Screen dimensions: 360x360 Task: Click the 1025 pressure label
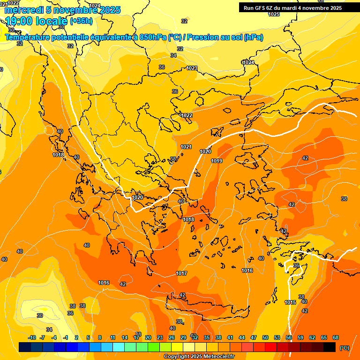tap(274, 14)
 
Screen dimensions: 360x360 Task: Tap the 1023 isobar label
tap(192, 68)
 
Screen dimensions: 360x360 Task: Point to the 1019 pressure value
tap(217, 161)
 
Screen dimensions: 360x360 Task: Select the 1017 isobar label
tap(181, 273)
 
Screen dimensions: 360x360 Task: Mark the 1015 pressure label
tap(290, 302)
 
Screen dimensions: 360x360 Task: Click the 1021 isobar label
tap(186, 147)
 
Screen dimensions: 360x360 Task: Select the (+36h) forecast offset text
tap(81, 21)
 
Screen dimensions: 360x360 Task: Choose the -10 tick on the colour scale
tap(32, 337)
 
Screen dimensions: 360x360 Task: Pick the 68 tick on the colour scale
tap(336, 337)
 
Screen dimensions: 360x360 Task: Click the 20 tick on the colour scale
tap(148, 337)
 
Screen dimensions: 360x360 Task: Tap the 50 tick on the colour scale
tap(265, 337)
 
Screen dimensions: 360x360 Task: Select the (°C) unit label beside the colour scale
tap(344, 347)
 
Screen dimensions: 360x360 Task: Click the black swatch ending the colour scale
tap(330, 347)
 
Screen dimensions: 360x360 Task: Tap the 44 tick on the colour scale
tap(242, 337)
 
